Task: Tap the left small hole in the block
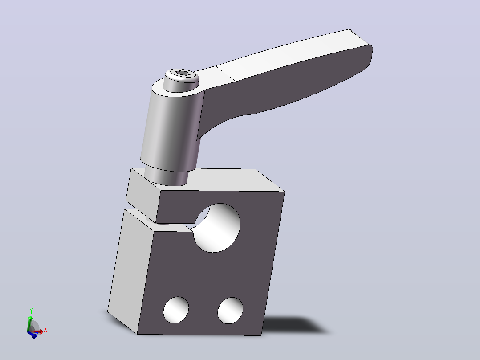tap(176, 310)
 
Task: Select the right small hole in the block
tap(230, 311)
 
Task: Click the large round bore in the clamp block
tap(217, 228)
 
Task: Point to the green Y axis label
tap(31, 311)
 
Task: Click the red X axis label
tap(45, 329)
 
